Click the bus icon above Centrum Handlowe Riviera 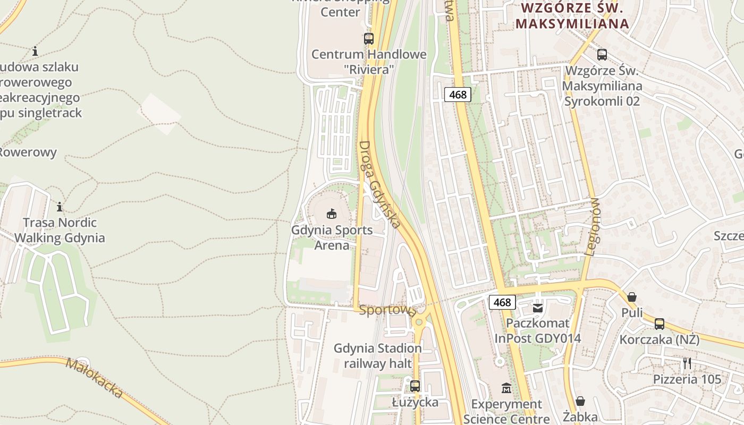click(368, 38)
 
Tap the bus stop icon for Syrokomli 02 click(602, 54)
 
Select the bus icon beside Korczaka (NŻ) click(659, 324)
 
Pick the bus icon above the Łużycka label click(415, 386)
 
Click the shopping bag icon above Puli click(632, 297)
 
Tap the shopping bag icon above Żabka click(580, 401)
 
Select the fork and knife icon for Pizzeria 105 click(687, 363)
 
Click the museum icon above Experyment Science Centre click(506, 388)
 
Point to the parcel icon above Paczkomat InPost click(538, 308)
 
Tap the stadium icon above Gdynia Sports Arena click(332, 214)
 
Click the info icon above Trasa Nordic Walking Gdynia click(60, 207)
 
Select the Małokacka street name click(95, 378)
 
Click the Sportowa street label click(387, 311)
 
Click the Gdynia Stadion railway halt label click(378, 356)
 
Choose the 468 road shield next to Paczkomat click(502, 303)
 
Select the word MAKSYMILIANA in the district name click(572, 24)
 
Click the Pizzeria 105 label click(687, 379)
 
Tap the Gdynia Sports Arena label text click(332, 238)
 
